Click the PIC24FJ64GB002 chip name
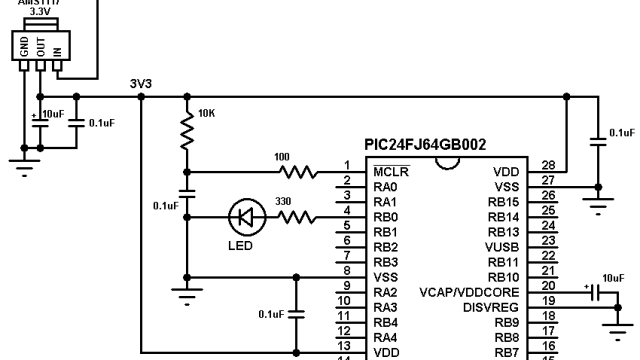coord(425,145)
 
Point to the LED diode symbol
coord(243,216)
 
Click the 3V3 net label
coord(141,84)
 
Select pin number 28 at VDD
coord(548,165)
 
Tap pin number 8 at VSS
coord(345,270)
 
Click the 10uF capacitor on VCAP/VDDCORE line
coord(596,293)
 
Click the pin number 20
coord(548,285)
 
